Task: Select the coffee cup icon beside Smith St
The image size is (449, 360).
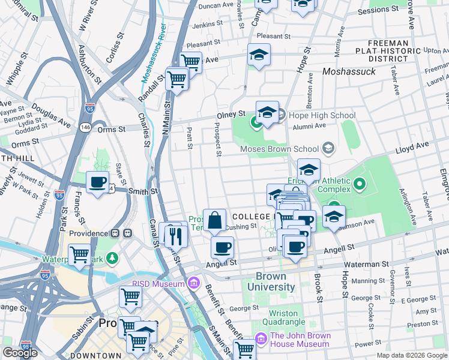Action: pos(97,182)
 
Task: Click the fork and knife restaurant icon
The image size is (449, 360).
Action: pos(176,236)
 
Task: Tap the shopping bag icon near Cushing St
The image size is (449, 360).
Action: pos(214,220)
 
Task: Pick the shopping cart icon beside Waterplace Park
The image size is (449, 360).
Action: pos(79,254)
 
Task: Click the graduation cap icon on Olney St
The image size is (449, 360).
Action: pos(267,112)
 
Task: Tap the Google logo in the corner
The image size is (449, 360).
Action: pos(20,353)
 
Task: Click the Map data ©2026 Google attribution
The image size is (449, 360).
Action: pos(411,355)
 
